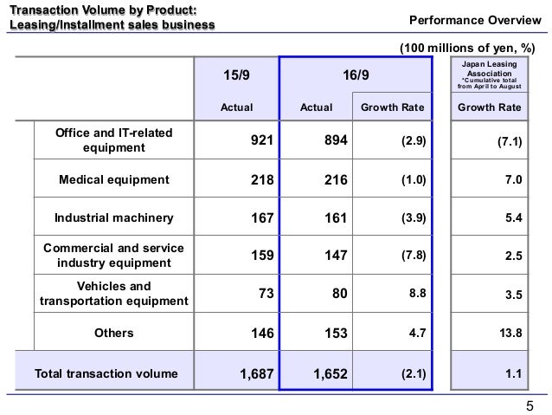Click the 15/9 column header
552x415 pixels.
pyautogui.click(x=236, y=75)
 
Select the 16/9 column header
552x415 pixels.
pyautogui.click(x=356, y=75)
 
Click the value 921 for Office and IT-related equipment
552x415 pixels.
pyautogui.click(x=262, y=140)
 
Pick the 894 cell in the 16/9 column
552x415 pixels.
pyautogui.click(x=336, y=140)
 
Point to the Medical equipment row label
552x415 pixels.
pyautogui.click(x=114, y=179)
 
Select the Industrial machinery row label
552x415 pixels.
pyautogui.click(x=114, y=217)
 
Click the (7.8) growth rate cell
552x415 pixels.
pyautogui.click(x=414, y=255)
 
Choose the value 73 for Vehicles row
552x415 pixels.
pyautogui.click(x=266, y=293)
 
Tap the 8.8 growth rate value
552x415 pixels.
pyautogui.click(x=418, y=293)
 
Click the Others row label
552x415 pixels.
pyautogui.click(x=114, y=333)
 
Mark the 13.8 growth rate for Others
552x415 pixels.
pyautogui.click(x=510, y=333)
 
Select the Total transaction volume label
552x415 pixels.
pyautogui.click(x=106, y=373)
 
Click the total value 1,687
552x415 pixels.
pyautogui.click(x=257, y=373)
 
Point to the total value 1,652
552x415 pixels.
pyautogui.click(x=331, y=373)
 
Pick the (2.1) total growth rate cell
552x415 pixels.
pyautogui.click(x=414, y=373)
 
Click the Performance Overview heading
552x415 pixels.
pyautogui.click(x=475, y=20)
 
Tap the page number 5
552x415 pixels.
pyautogui.click(x=530, y=406)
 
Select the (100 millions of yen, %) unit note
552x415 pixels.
pyautogui.click(x=467, y=48)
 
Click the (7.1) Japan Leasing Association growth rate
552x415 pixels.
pyautogui.click(x=510, y=141)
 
